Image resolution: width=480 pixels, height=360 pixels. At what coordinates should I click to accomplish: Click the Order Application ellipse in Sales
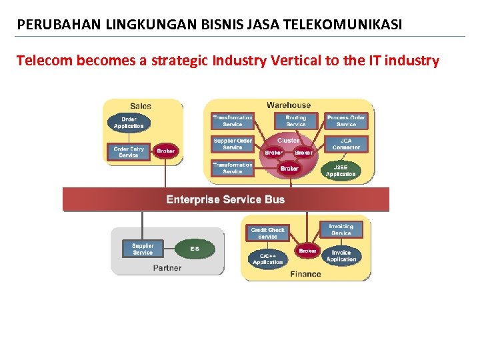(x=129, y=123)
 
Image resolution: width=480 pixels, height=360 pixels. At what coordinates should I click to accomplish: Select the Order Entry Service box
(x=128, y=152)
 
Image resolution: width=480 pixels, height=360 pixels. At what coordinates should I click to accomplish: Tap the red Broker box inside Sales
(x=165, y=151)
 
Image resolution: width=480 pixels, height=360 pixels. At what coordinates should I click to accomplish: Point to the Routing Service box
(x=295, y=121)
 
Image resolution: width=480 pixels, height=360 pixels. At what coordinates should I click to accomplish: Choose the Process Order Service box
(x=346, y=121)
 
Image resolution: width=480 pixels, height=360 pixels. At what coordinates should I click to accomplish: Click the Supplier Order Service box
(x=233, y=144)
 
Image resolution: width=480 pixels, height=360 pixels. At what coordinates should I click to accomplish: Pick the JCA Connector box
(x=346, y=144)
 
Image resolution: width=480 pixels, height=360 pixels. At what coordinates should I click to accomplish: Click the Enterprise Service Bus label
(x=225, y=199)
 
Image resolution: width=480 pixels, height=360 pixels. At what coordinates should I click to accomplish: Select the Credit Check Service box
(x=267, y=233)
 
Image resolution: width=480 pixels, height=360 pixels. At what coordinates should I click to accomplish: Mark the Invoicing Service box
(x=341, y=229)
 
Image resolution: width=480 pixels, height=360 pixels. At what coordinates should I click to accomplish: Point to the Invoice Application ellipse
(x=341, y=256)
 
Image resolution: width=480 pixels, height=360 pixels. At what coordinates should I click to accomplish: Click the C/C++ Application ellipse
(x=267, y=259)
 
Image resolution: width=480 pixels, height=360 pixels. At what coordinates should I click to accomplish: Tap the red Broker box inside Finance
(x=307, y=251)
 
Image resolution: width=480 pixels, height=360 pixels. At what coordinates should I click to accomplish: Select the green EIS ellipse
(x=195, y=249)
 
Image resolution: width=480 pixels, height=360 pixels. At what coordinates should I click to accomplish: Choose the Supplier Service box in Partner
(x=143, y=249)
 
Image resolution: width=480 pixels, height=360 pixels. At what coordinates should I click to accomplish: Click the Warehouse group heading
(x=289, y=105)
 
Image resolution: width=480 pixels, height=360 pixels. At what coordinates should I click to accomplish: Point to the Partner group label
(x=167, y=268)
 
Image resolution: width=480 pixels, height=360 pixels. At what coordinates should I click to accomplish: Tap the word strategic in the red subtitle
(x=179, y=61)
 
